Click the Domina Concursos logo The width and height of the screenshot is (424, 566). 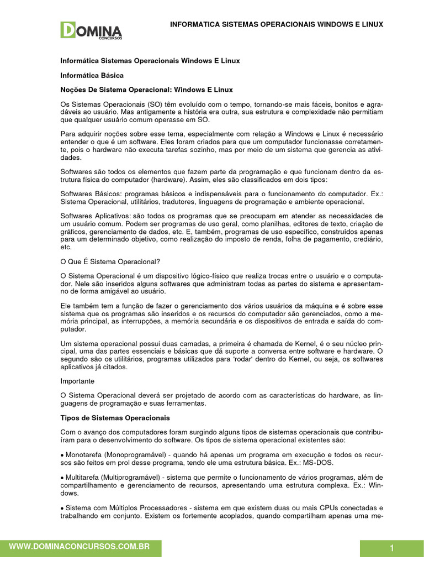click(x=91, y=30)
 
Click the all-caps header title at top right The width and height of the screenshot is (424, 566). click(x=276, y=25)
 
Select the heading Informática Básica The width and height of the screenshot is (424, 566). click(x=92, y=75)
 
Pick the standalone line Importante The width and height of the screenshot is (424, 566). click(x=77, y=381)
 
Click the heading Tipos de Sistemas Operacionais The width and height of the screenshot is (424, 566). click(x=115, y=418)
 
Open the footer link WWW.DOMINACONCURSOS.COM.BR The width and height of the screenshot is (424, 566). click(x=81, y=546)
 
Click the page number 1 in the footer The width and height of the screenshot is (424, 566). click(x=391, y=548)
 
